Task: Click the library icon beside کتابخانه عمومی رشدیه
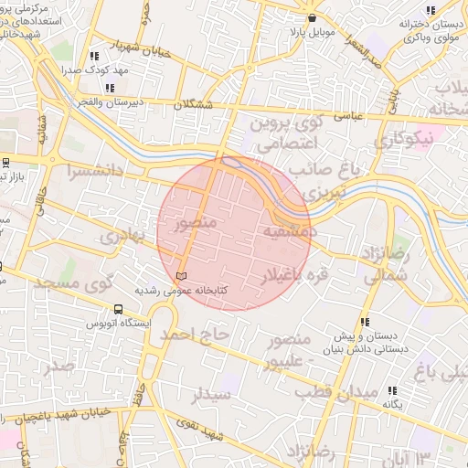tap(180, 275)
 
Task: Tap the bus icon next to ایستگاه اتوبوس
tap(118, 309)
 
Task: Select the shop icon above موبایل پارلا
tap(313, 17)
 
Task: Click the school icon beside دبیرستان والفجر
tap(110, 88)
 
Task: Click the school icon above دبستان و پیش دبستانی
tap(366, 322)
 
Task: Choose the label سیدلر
tap(210, 395)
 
